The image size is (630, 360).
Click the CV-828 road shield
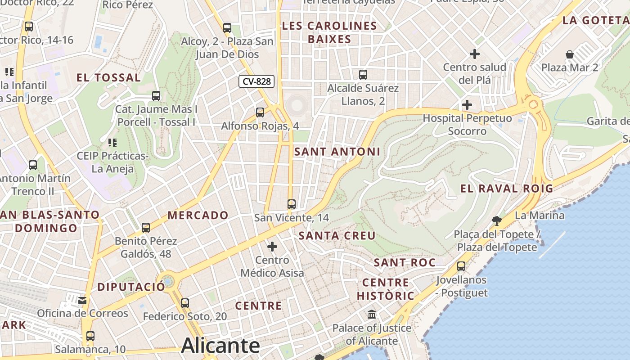tap(256, 81)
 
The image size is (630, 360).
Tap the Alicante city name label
tap(220, 346)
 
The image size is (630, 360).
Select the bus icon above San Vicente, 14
tap(292, 204)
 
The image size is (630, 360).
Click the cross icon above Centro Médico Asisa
tap(272, 247)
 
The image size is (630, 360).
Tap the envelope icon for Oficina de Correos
tap(82, 300)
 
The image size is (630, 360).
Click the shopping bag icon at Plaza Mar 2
tap(570, 54)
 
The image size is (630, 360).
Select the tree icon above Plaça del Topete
tap(497, 220)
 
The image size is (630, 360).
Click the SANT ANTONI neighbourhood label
tap(337, 152)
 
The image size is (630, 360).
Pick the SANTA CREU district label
tap(337, 235)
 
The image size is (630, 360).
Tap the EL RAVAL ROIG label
tap(507, 189)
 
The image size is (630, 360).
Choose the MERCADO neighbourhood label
tap(198, 215)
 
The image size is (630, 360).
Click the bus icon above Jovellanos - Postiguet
tap(461, 266)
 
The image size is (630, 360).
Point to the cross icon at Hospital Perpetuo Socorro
tap(467, 105)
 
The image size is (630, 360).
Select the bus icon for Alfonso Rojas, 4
tap(260, 112)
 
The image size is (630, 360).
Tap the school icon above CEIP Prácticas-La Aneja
tap(112, 143)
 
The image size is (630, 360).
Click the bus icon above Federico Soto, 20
tap(185, 303)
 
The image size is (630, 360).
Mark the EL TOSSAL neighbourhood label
tap(108, 77)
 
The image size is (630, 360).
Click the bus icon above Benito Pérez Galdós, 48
tap(146, 227)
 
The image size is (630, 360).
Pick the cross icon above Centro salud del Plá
tap(475, 54)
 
